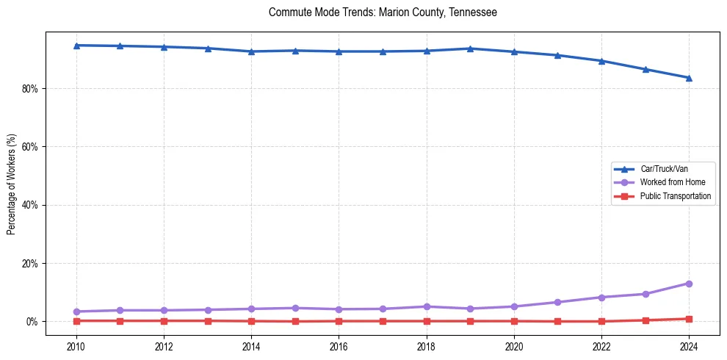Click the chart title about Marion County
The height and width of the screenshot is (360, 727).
(x=383, y=12)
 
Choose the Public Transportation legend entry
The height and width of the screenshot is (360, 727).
(x=675, y=196)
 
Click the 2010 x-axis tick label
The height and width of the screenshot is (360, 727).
(x=76, y=345)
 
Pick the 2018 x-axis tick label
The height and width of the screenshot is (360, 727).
(x=427, y=345)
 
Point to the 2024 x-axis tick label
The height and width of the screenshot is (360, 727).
(x=689, y=345)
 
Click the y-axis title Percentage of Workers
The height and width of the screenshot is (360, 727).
(x=12, y=184)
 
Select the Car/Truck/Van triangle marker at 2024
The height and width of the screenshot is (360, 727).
(x=689, y=78)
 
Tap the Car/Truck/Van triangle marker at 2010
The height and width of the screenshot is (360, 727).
(x=76, y=46)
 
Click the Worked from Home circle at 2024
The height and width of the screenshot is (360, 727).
(x=689, y=284)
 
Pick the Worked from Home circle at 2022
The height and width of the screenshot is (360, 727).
(x=601, y=298)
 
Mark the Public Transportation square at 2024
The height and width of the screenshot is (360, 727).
(x=689, y=319)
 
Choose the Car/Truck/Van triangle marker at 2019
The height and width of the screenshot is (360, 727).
(x=470, y=48)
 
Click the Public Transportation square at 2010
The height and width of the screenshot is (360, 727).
(x=76, y=321)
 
